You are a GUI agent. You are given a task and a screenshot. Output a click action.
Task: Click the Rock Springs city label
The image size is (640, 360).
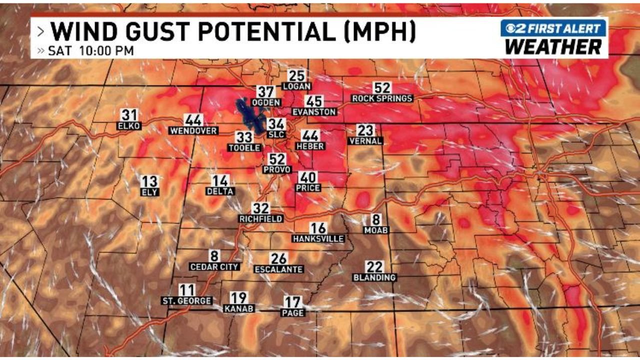point(382,98)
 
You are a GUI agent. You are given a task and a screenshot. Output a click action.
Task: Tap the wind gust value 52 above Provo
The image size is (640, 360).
point(277,159)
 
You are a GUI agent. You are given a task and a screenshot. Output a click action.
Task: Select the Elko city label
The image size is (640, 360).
point(129,126)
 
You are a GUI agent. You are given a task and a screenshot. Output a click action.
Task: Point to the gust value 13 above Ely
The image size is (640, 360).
point(149,181)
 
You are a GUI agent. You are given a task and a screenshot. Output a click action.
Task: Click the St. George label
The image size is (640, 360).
point(186,301)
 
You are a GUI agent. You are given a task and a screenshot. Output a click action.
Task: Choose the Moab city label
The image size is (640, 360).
point(376,230)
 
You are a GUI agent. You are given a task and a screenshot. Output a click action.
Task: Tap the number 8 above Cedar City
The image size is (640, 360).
point(214,256)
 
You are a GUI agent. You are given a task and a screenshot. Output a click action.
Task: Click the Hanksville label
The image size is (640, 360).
point(318,239)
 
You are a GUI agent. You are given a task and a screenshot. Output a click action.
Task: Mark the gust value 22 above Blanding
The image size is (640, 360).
point(374,267)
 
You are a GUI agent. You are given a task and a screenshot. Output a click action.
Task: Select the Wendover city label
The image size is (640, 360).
point(193,131)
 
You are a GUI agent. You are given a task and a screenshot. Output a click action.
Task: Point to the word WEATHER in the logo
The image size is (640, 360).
point(553,47)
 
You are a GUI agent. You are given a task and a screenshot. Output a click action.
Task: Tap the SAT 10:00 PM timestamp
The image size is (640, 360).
point(90,50)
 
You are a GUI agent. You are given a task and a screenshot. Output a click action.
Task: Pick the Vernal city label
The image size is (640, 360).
point(365,141)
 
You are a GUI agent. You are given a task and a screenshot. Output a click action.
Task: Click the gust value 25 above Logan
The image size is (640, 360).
point(296,75)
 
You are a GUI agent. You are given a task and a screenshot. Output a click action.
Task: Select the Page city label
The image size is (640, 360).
point(293,313)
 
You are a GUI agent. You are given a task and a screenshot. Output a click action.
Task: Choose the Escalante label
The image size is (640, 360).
point(278,269)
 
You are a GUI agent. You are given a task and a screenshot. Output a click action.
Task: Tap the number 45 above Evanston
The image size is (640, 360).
point(314,101)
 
